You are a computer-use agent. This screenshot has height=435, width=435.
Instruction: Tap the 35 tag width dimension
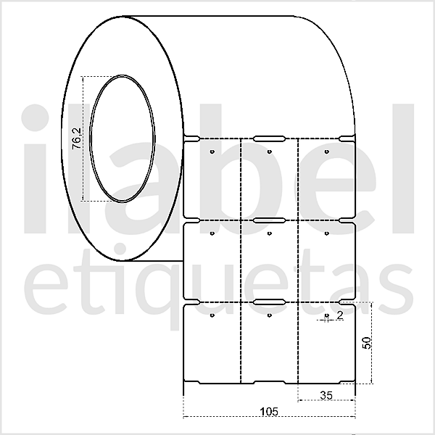[x=326, y=394]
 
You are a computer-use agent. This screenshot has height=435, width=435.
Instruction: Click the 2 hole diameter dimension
[x=339, y=317]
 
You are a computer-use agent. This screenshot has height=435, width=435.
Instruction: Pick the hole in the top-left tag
[x=210, y=152]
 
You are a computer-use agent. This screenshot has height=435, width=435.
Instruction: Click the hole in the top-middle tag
[x=269, y=152]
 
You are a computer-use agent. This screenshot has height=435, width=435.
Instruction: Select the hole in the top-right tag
[x=327, y=152]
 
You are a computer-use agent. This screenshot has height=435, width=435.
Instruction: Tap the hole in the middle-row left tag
[x=210, y=233]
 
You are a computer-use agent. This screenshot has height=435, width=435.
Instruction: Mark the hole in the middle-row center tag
[x=269, y=233]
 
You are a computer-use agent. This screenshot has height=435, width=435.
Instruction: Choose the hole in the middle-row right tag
[x=327, y=233]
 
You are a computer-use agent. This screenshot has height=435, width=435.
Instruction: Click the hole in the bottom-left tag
[x=210, y=316]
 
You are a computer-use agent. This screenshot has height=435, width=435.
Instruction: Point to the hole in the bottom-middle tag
[x=269, y=316]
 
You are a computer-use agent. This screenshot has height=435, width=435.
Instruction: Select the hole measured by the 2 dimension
[x=327, y=317]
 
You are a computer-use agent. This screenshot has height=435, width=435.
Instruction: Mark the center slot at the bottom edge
[x=269, y=383]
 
